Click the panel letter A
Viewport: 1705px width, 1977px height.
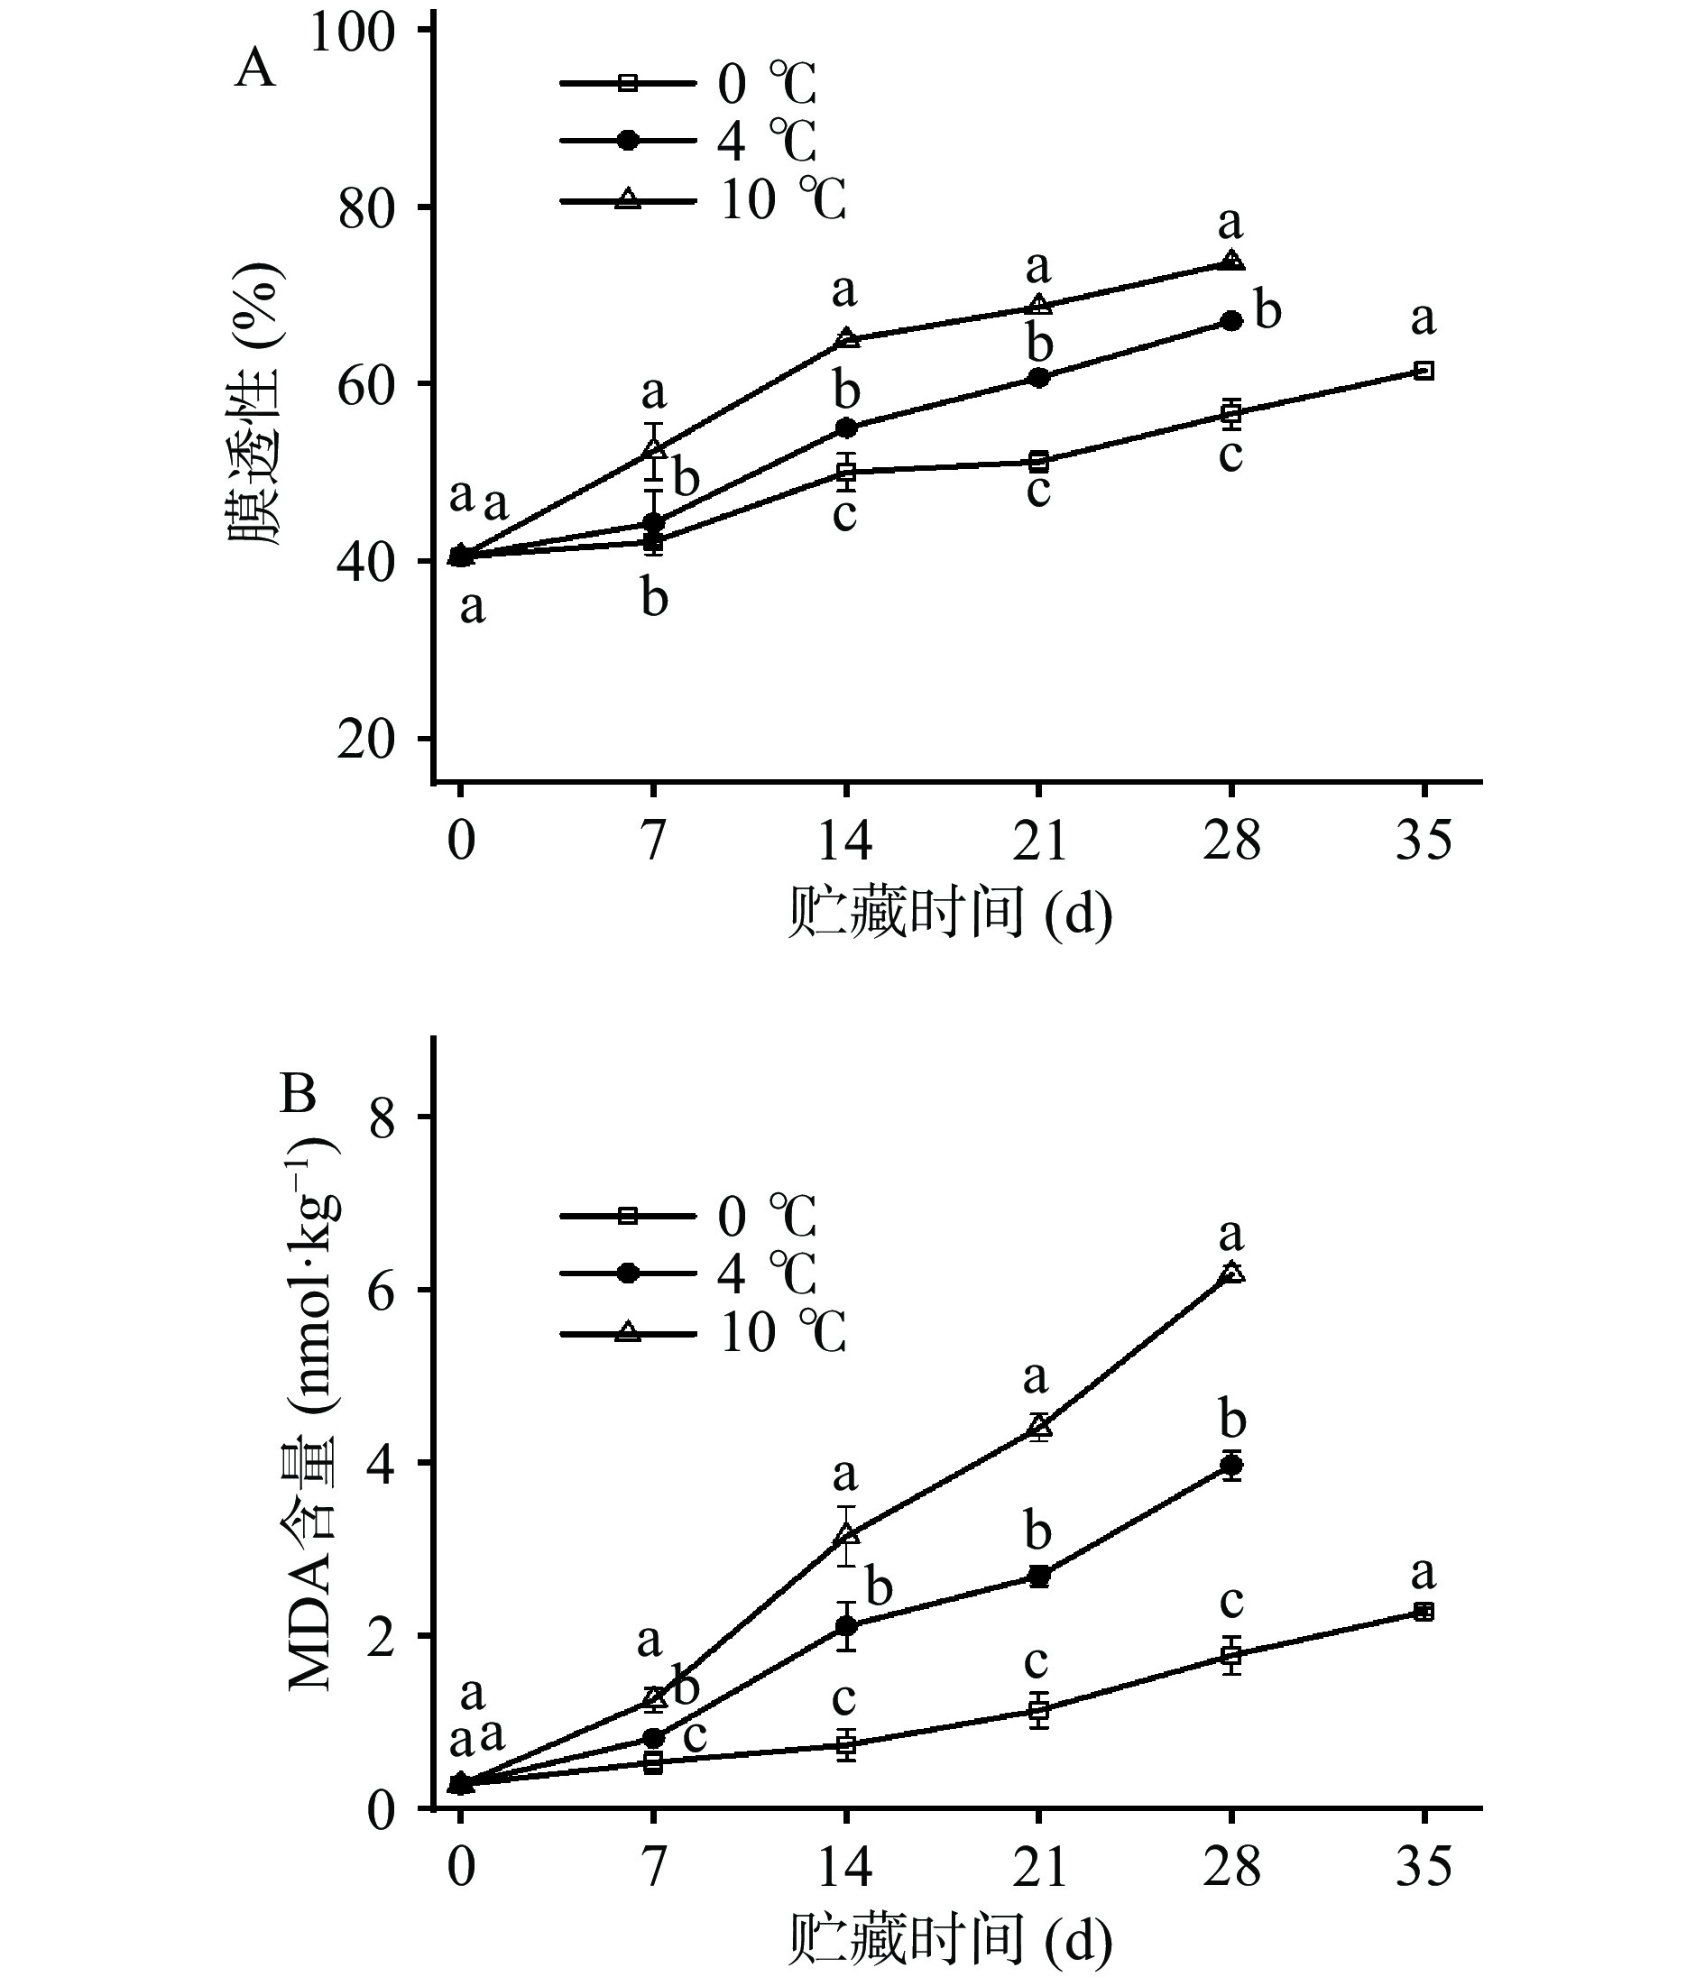[254, 69]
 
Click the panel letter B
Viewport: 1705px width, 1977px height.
[297, 1094]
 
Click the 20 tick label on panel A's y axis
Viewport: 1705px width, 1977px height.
[365, 740]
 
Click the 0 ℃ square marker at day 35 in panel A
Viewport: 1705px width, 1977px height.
[1424, 370]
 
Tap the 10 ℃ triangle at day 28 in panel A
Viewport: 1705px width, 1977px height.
[1231, 261]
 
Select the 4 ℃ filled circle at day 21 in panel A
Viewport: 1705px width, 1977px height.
[1039, 378]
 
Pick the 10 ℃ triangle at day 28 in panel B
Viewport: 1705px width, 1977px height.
[1231, 1273]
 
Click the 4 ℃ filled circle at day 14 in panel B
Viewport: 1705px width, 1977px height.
[845, 1626]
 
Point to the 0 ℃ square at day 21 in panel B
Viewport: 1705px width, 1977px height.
[1039, 1711]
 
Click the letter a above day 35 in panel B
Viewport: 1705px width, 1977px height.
[1424, 1571]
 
